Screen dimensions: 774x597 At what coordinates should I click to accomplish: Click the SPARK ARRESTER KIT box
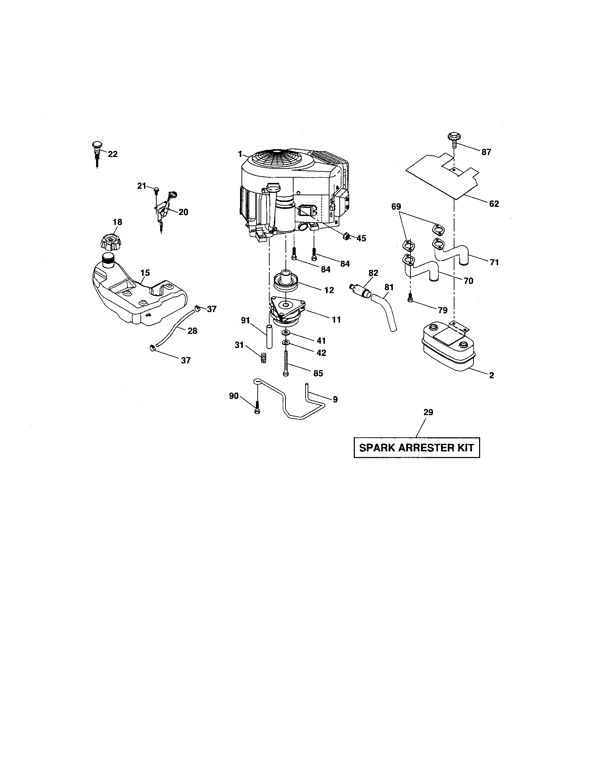(416, 448)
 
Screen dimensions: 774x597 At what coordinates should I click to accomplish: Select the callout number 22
(113, 154)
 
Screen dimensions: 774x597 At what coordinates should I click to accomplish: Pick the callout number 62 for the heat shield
(494, 204)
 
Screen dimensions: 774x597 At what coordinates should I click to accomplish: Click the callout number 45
(361, 239)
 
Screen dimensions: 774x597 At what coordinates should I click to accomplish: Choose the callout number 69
(396, 207)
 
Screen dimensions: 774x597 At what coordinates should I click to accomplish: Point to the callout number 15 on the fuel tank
(145, 273)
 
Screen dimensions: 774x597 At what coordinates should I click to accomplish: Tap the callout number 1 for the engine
(240, 154)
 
